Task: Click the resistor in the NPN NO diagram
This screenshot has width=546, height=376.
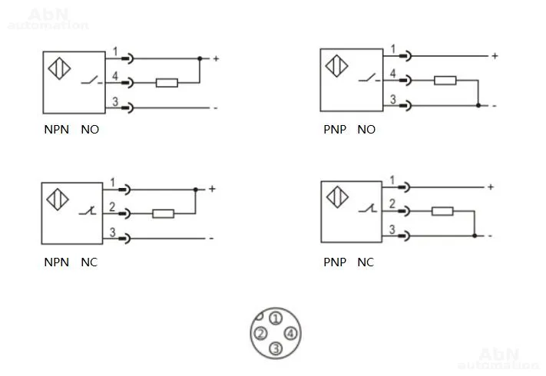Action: tap(167, 83)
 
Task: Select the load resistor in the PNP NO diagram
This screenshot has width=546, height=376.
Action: tap(445, 81)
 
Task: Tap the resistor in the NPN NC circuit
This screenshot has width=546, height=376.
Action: tap(164, 213)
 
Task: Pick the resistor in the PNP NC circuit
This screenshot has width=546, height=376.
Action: tap(442, 211)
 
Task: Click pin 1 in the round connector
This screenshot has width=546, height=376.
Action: tap(276, 318)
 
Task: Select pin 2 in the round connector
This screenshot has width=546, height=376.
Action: tap(260, 334)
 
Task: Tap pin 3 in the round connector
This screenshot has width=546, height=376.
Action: tap(276, 348)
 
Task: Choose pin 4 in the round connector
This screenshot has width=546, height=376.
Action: tap(291, 334)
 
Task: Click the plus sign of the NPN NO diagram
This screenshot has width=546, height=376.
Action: tap(216, 58)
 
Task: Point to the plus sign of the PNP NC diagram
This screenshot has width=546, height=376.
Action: tap(491, 187)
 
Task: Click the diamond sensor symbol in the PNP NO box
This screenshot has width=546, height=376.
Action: tap(336, 66)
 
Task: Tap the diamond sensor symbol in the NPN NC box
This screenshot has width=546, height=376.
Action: tap(58, 200)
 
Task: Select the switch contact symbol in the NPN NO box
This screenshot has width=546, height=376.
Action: tap(91, 81)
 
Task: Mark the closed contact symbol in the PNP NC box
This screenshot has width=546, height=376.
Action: tap(368, 208)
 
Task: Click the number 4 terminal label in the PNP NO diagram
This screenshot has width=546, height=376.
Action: tap(392, 74)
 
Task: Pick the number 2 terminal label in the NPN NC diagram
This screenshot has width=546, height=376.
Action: tap(112, 207)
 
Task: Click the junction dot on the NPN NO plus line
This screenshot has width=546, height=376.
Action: tap(200, 58)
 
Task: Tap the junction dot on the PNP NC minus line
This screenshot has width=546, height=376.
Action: tap(475, 236)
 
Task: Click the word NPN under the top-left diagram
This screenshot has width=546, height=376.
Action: tap(56, 130)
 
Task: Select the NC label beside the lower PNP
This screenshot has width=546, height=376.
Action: tap(366, 262)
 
